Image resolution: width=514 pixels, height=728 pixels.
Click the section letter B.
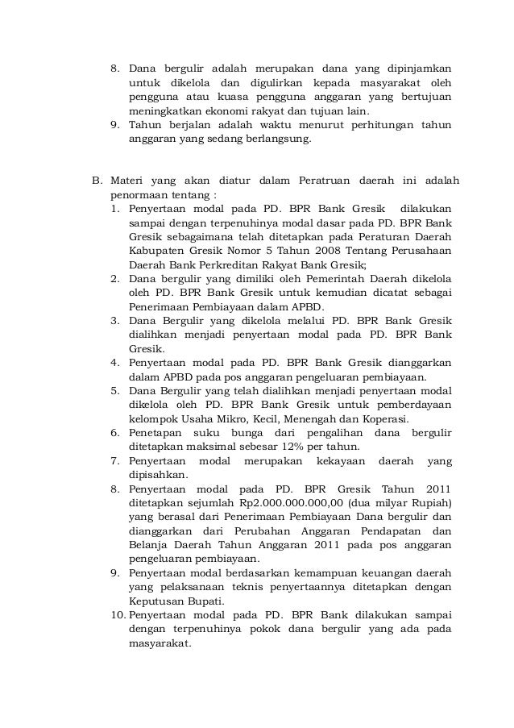(95, 180)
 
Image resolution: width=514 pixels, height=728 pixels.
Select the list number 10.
(115, 615)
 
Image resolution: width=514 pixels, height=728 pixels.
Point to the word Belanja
(149, 544)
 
